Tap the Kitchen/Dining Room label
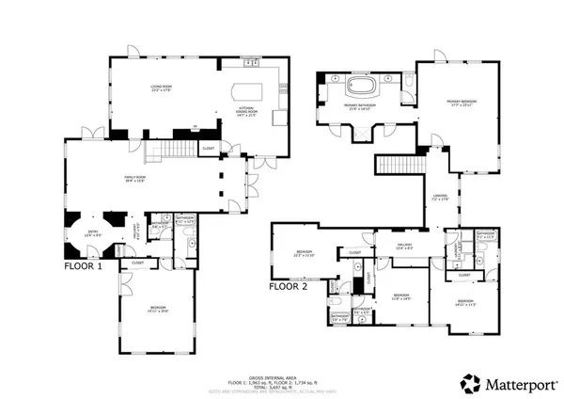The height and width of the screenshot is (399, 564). click(x=247, y=111)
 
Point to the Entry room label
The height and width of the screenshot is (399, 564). click(x=91, y=234)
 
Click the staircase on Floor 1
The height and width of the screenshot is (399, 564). click(x=175, y=150)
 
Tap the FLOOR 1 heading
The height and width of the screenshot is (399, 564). click(x=83, y=266)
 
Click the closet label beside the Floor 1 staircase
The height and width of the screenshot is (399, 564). click(x=209, y=148)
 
